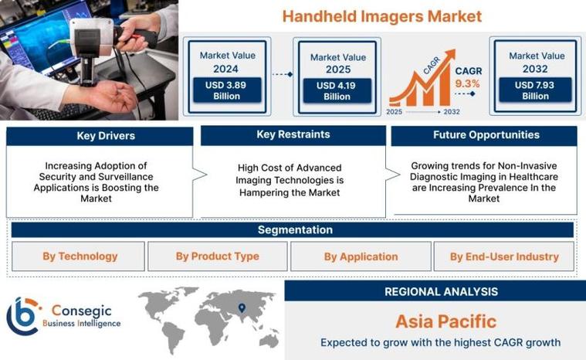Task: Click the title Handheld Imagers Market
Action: (381, 16)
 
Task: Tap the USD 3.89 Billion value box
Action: (227, 90)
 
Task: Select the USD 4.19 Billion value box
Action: (337, 90)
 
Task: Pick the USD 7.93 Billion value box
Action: (535, 90)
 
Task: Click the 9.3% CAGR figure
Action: (467, 83)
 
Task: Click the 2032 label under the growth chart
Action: (452, 112)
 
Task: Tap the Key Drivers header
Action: (106, 136)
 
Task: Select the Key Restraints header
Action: (293, 134)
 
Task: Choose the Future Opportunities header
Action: (486, 135)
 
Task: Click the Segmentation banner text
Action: (295, 230)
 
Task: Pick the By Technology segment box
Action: (78, 256)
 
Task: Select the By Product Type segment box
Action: (218, 256)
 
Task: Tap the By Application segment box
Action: (361, 256)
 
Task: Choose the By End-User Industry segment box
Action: (504, 256)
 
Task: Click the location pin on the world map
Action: (242, 307)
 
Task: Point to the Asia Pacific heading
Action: (445, 321)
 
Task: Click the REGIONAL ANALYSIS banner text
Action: (441, 291)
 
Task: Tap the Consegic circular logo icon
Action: (23, 316)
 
